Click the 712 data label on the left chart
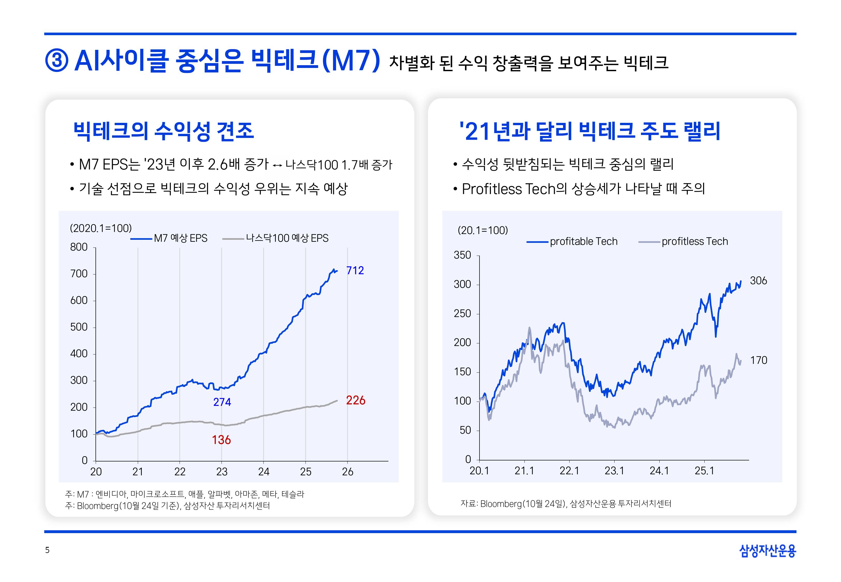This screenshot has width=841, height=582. pos(355,271)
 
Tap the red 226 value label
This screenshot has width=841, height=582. pos(356,400)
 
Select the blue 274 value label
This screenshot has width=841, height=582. pos(222,402)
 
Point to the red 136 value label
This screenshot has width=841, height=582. pos(221,440)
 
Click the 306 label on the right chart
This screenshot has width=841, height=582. pos(758,281)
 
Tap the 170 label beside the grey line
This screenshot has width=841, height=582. pos(758,360)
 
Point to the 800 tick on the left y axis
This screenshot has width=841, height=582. pos(79,247)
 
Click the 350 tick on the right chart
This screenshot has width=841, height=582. pos(462,255)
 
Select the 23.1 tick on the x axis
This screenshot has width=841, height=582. pos(614,471)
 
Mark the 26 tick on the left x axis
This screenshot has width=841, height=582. pos(347,472)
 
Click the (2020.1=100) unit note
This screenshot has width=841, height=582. pos(101,229)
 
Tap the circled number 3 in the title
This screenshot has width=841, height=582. pos(56,61)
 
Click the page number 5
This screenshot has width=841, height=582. pos(47,550)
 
